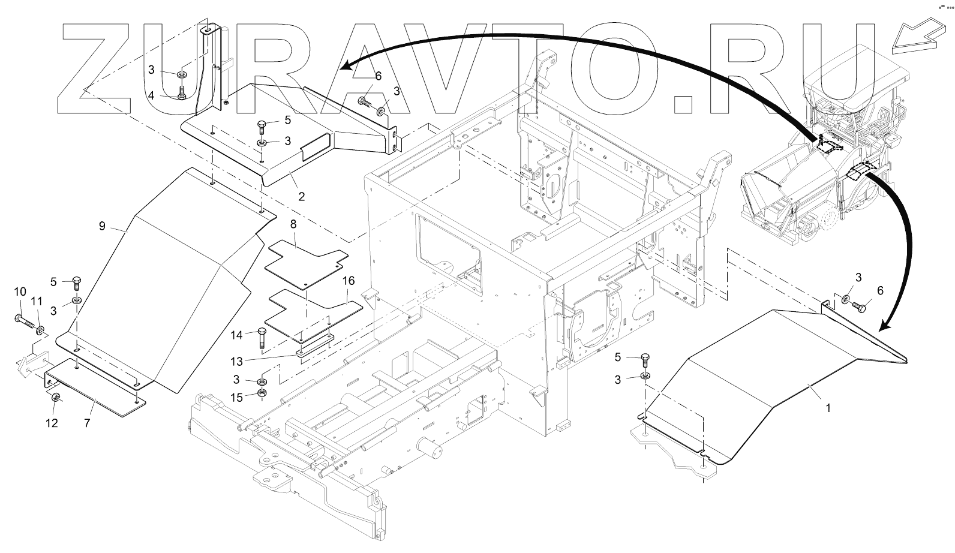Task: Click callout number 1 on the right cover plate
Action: (828, 408)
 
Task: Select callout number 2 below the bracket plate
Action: (302, 196)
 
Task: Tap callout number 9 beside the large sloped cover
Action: (102, 226)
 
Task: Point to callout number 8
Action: (293, 224)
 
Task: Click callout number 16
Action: (349, 281)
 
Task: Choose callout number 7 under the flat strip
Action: (87, 423)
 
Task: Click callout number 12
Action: (52, 423)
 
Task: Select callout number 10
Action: (20, 291)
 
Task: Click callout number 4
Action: (152, 95)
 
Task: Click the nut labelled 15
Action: (262, 393)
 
